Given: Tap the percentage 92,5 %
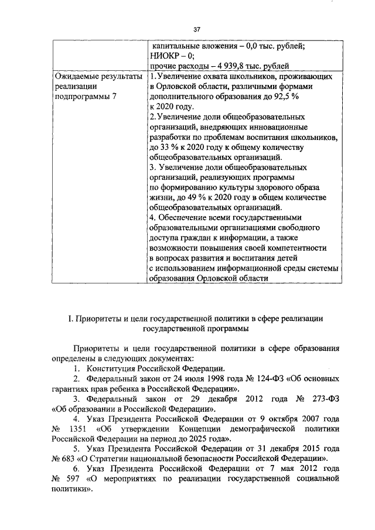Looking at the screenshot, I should point(308,97).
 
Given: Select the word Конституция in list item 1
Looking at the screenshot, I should point(114,368).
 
